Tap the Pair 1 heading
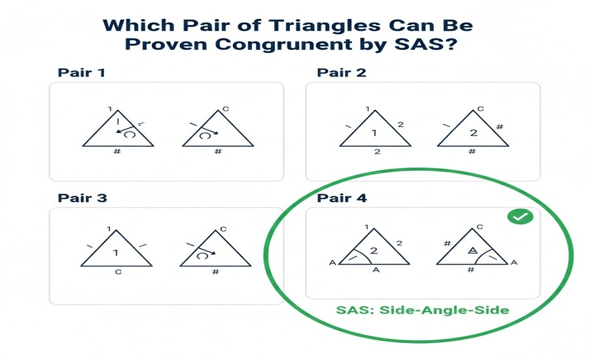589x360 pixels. pos(82,72)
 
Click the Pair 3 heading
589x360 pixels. pos(82,198)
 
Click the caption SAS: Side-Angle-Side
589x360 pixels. pos(422,310)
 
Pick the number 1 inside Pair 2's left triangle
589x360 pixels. pos(374,134)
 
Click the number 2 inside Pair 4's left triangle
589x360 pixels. pos(374,251)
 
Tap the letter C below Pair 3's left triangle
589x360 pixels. pos(118,272)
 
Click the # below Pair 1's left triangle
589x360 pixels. pos(118,152)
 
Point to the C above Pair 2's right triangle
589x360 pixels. pos(480,109)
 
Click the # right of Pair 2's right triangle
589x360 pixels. pos(500,126)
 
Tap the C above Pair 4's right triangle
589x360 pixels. pos(480,227)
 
